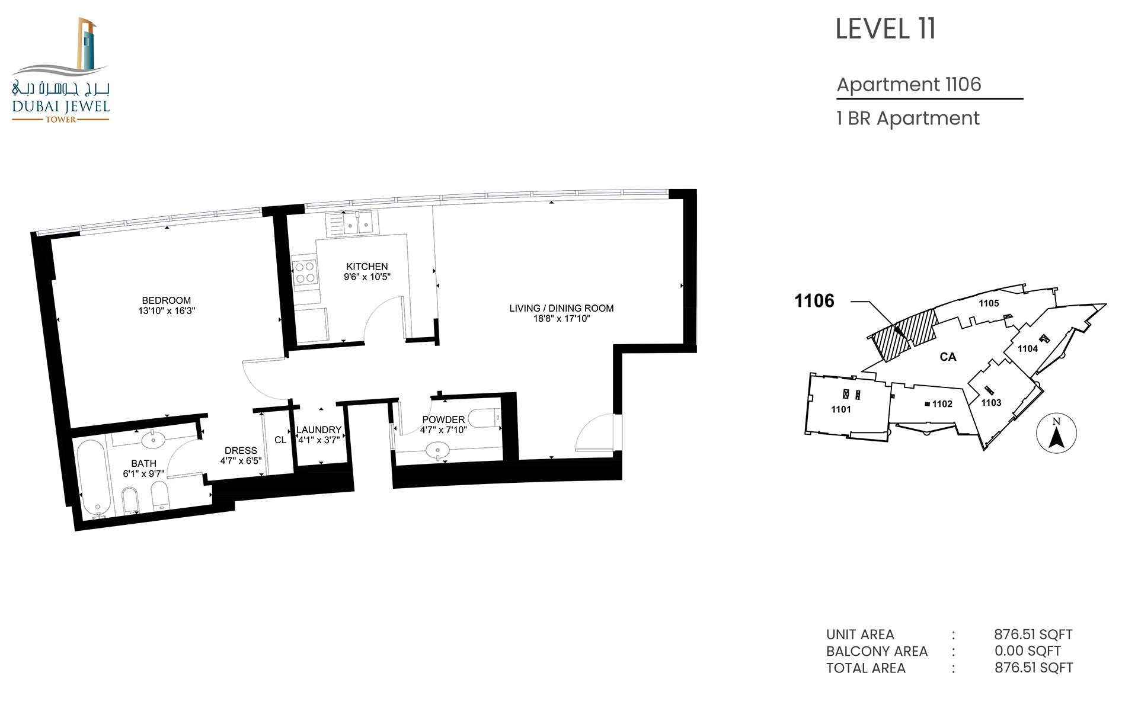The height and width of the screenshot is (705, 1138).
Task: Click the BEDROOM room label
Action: pos(167,300)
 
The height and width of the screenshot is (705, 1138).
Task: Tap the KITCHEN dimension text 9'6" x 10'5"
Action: pos(367,277)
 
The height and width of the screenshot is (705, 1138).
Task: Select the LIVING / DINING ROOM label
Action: pos(561,308)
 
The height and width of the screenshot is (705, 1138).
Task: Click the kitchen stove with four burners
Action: pos(305,273)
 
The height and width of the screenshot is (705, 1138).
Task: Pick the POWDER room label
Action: pos(443,419)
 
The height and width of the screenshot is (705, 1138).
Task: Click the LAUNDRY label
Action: pos(319,430)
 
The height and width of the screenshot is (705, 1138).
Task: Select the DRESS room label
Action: pos(241,450)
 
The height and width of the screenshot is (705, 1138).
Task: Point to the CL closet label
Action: pos(280,440)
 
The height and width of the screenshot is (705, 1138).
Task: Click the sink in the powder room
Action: pos(438,451)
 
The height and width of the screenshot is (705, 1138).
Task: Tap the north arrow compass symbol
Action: pos(1056,433)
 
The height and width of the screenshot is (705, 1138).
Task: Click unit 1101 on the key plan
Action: pos(841,409)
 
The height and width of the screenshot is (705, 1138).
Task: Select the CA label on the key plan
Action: pos(948,357)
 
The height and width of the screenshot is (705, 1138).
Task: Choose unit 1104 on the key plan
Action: pos(1028,348)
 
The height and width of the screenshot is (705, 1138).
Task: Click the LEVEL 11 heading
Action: pos(886,29)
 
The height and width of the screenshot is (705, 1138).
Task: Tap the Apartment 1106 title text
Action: pos(909,85)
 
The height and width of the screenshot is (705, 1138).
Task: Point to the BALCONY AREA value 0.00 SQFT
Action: pos(1028,650)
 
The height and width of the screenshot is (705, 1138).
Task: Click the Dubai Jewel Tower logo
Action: pos(61,70)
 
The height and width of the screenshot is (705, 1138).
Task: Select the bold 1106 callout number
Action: pos(814,301)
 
